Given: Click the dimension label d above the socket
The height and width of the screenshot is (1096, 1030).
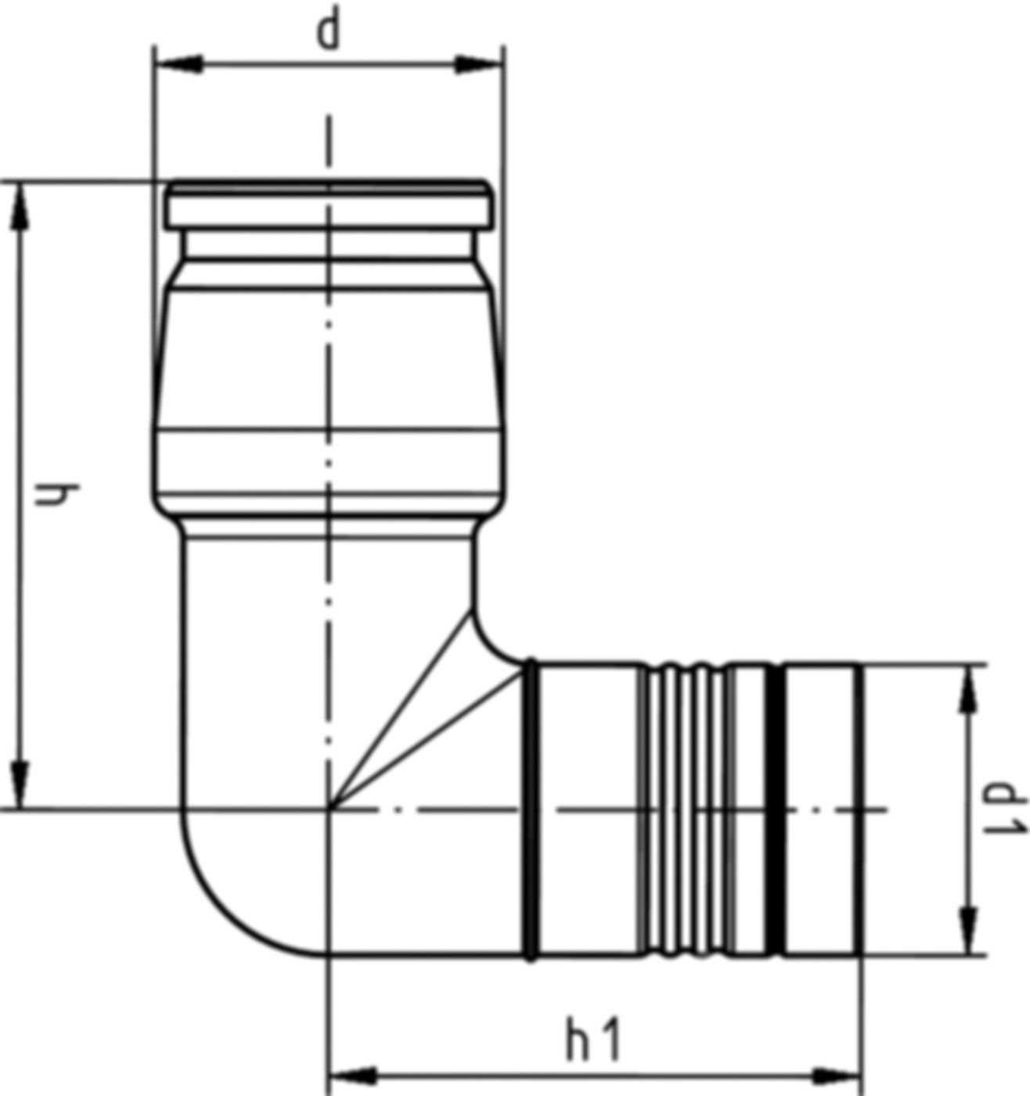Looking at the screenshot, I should pos(330,32).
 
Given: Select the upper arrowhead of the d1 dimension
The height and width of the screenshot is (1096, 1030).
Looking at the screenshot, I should pos(969,689).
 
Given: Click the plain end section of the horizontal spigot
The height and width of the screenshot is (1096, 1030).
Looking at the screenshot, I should pos(822,810).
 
